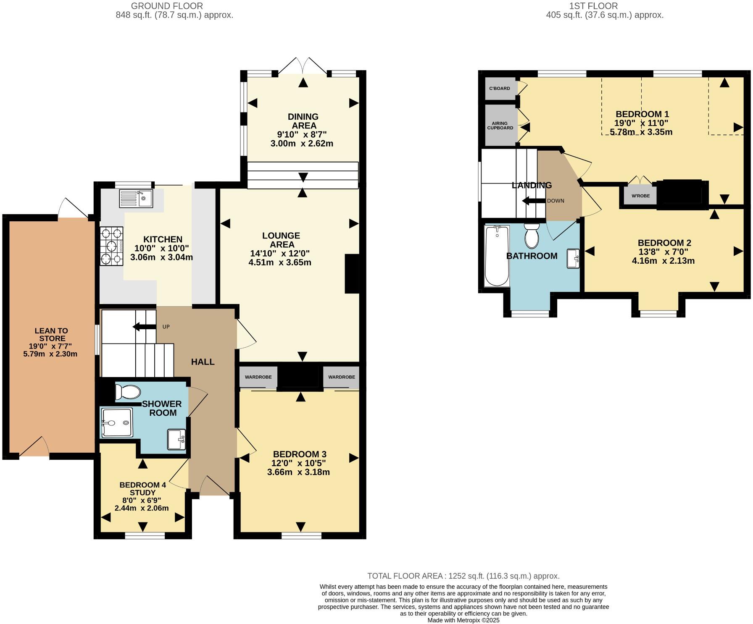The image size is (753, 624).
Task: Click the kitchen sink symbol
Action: point(136,198)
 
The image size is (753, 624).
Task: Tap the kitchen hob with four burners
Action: point(111,246)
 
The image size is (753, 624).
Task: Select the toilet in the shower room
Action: point(127,392)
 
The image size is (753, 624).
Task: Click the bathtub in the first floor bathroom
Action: point(497,256)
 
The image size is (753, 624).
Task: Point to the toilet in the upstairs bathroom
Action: point(532,236)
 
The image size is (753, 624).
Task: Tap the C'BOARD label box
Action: point(500,89)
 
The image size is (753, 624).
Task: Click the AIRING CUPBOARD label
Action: point(500,126)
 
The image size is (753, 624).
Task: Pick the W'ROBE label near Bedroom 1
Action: point(640,196)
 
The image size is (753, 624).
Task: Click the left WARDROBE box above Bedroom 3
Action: point(258,377)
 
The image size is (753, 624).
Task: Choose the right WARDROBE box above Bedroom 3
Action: point(341,377)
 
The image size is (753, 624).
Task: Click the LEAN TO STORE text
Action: point(51,335)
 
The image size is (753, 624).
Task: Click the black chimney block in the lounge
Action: point(352,273)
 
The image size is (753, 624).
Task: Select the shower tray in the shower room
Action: point(117,422)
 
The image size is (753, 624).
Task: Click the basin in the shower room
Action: point(176,439)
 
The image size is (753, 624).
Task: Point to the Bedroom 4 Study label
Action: point(142,488)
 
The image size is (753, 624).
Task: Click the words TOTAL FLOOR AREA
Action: point(405,576)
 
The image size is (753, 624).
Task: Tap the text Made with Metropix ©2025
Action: point(463,620)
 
